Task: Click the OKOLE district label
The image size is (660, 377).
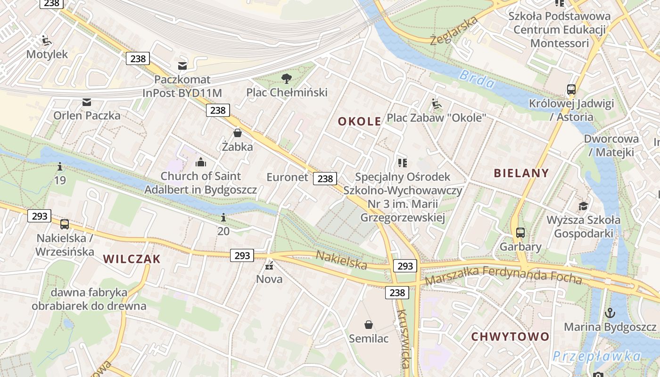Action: pyautogui.click(x=359, y=122)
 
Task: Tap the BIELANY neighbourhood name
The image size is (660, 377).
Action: pyautogui.click(x=521, y=173)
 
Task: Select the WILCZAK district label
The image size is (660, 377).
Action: pyautogui.click(x=132, y=259)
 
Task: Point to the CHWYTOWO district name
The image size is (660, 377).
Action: pyautogui.click(x=510, y=336)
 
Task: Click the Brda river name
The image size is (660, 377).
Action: pyautogui.click(x=477, y=79)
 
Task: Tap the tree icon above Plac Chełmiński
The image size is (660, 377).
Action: pyautogui.click(x=286, y=78)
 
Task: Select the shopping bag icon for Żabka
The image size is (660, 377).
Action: pyautogui.click(x=238, y=133)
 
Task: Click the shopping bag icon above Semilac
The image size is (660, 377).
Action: pyautogui.click(x=369, y=325)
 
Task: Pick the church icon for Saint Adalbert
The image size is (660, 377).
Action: pyautogui.click(x=201, y=163)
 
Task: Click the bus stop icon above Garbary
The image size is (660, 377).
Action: pyautogui.click(x=520, y=232)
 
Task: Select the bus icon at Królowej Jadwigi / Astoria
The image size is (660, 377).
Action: pyautogui.click(x=571, y=90)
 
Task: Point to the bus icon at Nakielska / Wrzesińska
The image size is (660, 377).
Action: pyautogui.click(x=65, y=224)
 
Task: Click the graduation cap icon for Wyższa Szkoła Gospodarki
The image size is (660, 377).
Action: pyautogui.click(x=584, y=206)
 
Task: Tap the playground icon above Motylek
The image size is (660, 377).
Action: pyautogui.click(x=46, y=41)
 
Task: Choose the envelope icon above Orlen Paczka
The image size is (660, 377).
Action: pyautogui.click(x=87, y=102)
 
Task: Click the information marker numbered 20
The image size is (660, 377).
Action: pyautogui.click(x=223, y=217)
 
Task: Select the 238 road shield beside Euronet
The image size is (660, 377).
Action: pyautogui.click(x=325, y=179)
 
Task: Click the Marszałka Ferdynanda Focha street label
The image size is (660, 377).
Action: pyautogui.click(x=503, y=275)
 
